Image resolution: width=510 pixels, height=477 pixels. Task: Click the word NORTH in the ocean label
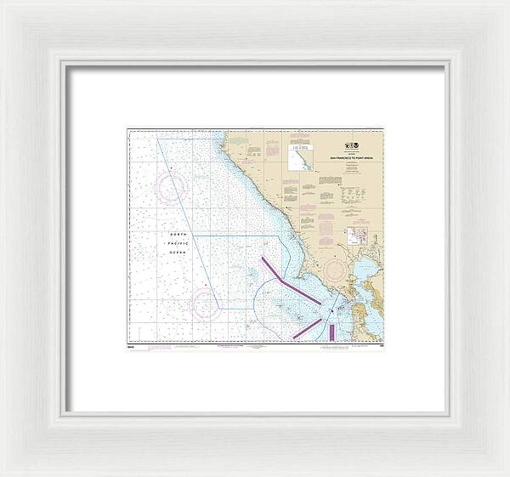pyautogui.click(x=178, y=233)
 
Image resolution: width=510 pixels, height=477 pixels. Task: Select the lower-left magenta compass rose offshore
pyautogui.click(x=205, y=303)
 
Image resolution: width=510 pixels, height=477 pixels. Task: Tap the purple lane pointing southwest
pyautogui.click(x=307, y=327)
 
